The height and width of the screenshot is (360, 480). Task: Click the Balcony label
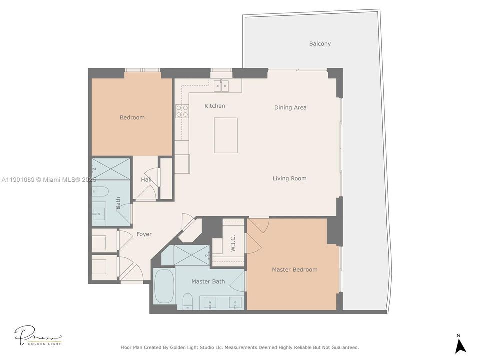coord(320,44)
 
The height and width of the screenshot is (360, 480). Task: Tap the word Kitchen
coord(215,106)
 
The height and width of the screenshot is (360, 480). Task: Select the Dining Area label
coord(290,107)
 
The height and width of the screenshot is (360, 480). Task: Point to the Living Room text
coord(289,178)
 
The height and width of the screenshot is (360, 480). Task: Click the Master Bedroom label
coord(294,270)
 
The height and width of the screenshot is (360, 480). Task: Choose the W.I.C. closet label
coord(233,243)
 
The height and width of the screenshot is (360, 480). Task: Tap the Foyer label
coord(144,234)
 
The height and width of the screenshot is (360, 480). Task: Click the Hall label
coord(146,179)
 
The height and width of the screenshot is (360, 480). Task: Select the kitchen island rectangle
coord(226,135)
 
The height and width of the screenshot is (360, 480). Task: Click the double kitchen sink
coord(221,86)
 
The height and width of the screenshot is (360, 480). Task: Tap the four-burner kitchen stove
coord(182,111)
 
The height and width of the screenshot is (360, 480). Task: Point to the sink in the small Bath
coord(99,213)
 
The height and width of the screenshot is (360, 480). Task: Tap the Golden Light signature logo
coord(38,336)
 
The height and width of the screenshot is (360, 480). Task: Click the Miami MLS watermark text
coord(50,179)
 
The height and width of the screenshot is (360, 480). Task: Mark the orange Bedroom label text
coord(132,118)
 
